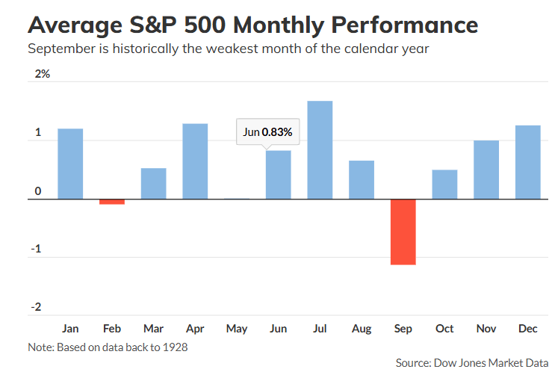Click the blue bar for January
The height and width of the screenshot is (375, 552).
(70, 164)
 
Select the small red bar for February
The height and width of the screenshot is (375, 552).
(112, 202)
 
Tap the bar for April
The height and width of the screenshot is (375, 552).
(195, 161)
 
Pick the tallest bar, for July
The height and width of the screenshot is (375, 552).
(320, 150)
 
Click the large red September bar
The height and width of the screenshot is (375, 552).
(403, 232)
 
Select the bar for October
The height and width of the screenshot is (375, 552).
(444, 185)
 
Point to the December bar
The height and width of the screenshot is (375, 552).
(527, 162)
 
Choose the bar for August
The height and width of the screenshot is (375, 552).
(362, 180)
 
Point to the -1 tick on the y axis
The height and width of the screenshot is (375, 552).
(36, 250)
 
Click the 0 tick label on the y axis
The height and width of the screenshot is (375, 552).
(37, 191)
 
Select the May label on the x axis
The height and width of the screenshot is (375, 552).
(237, 328)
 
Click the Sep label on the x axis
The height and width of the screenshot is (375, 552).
(403, 328)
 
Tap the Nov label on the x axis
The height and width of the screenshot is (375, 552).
(486, 328)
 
